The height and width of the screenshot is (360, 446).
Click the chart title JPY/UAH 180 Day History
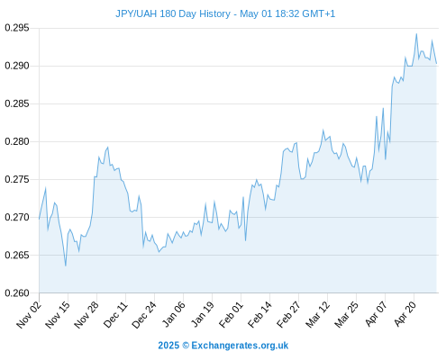pyautogui.click(x=173, y=13)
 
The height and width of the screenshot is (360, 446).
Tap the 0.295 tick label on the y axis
pyautogui.click(x=17, y=28)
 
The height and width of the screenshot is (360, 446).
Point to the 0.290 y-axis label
pyautogui.click(x=17, y=66)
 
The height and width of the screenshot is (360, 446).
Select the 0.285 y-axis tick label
pyautogui.click(x=17, y=103)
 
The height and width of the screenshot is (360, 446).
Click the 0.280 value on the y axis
pyautogui.click(x=17, y=141)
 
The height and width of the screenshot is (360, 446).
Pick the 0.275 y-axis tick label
pyautogui.click(x=17, y=179)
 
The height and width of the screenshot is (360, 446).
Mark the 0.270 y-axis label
pyautogui.click(x=17, y=217)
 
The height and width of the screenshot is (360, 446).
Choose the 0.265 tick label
pyautogui.click(x=17, y=255)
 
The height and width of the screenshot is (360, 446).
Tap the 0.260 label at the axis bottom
pyautogui.click(x=17, y=292)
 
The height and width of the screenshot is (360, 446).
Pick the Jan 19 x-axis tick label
pyautogui.click(x=203, y=314)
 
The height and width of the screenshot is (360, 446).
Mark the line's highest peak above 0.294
pyautogui.click(x=416, y=34)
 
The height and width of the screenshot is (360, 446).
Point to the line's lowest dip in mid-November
pyautogui.click(x=66, y=265)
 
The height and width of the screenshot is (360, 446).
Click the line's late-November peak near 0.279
pyautogui.click(x=108, y=148)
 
